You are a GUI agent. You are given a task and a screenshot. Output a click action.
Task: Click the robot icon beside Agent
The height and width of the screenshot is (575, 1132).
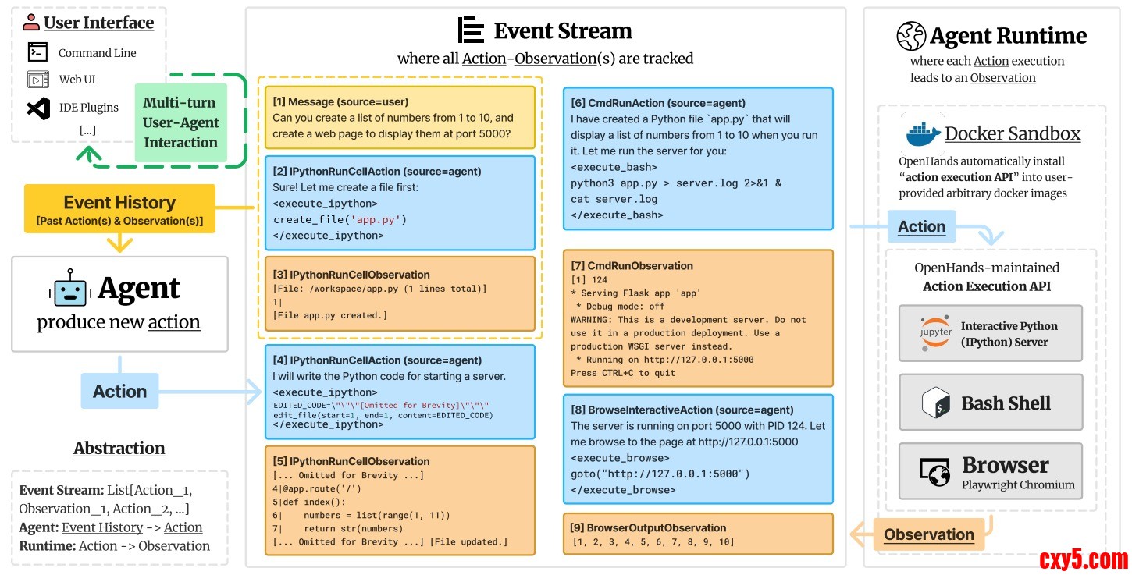[x=70, y=289]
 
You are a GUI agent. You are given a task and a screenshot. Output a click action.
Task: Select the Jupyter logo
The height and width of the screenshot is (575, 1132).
[x=935, y=333]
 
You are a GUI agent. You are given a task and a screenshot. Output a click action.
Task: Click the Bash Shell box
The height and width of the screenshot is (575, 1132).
[x=991, y=403]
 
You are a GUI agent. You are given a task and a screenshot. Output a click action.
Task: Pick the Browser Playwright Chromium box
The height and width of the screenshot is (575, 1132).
[x=991, y=471]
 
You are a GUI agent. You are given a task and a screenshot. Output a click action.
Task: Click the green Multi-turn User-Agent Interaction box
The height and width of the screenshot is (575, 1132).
[x=180, y=122]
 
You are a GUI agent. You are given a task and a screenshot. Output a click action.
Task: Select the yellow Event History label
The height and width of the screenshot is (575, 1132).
[x=119, y=208]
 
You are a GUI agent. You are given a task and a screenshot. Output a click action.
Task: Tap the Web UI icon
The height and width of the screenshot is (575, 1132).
[x=38, y=80]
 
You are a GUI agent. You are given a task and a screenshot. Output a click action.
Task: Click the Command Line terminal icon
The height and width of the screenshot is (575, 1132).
[x=38, y=52]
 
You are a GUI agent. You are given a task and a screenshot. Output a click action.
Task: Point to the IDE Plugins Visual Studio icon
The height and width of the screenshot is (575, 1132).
[x=38, y=108]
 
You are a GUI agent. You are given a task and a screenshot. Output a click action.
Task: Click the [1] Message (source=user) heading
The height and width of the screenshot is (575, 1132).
[x=340, y=101]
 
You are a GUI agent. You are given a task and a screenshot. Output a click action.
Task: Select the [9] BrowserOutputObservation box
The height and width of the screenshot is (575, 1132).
[x=698, y=534]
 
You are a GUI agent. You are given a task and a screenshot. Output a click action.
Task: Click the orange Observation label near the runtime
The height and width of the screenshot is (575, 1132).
[x=928, y=534]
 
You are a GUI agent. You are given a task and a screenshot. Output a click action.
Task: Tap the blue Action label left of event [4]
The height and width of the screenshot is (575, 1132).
[x=119, y=391]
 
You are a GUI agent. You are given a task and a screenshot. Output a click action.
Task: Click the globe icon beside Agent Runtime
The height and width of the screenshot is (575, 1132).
[x=911, y=36]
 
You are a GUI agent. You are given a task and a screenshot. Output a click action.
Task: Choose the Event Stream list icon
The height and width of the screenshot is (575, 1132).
[x=471, y=30]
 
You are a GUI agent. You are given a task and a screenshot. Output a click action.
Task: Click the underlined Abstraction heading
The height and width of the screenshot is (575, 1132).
[x=119, y=448]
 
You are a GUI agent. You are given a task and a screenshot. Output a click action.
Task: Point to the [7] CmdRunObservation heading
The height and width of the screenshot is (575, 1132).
[x=632, y=265]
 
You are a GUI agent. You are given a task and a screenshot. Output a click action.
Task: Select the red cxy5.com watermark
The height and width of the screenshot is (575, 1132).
[x=1084, y=559]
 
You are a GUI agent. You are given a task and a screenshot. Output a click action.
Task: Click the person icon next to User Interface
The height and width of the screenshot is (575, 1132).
[x=31, y=22]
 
